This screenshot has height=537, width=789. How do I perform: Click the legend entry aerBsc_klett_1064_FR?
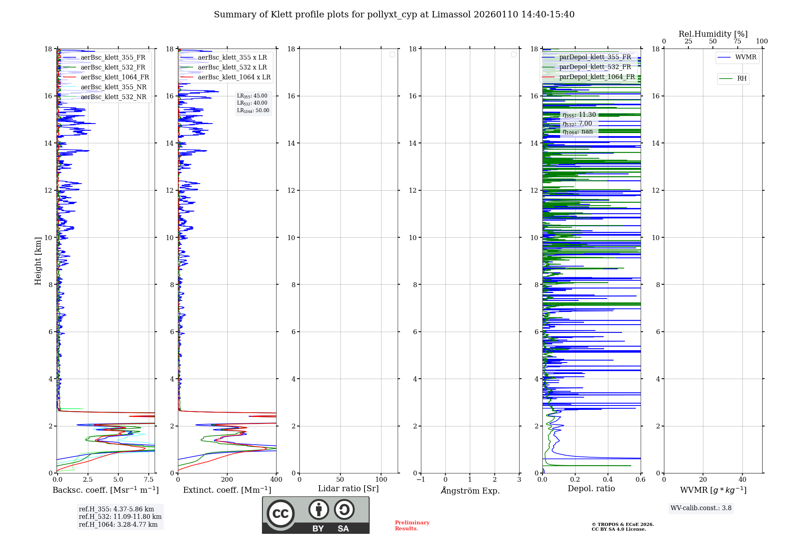pyautogui.click(x=115, y=77)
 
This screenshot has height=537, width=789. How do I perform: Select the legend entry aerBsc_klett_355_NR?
pyautogui.click(x=113, y=87)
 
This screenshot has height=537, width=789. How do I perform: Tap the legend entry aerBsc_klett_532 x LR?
pyautogui.click(x=232, y=68)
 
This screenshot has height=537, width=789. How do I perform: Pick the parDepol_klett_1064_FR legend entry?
pyautogui.click(x=596, y=77)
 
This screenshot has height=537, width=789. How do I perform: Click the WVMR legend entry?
pyautogui.click(x=745, y=57)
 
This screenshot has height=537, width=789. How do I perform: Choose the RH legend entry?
pyautogui.click(x=742, y=79)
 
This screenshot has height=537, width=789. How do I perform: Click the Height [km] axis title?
pyautogui.click(x=38, y=261)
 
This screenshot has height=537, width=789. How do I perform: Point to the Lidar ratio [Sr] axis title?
pyautogui.click(x=348, y=489)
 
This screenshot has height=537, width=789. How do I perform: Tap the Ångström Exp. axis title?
pyautogui.click(x=470, y=491)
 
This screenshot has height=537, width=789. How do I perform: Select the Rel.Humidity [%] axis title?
pyautogui.click(x=713, y=34)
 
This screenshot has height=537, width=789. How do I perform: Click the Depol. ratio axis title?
pyautogui.click(x=591, y=489)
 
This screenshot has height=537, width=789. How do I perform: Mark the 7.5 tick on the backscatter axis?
pyautogui.click(x=149, y=480)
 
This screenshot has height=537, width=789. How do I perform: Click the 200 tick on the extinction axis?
pyautogui.click(x=227, y=480)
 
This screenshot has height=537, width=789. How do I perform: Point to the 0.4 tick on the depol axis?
pyautogui.click(x=608, y=480)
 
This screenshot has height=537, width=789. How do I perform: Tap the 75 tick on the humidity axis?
pyautogui.click(x=737, y=41)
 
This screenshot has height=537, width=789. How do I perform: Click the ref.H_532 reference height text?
pyautogui.click(x=120, y=517)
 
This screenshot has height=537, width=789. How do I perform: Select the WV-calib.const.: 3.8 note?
pyautogui.click(x=701, y=508)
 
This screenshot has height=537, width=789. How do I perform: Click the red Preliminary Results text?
pyautogui.click(x=412, y=526)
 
